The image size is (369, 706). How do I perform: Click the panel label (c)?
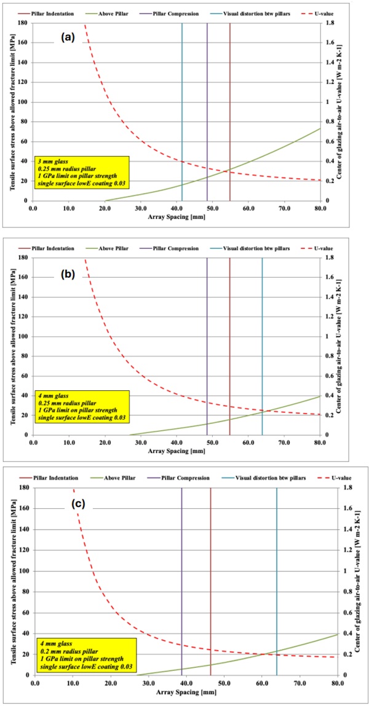(x=77, y=504)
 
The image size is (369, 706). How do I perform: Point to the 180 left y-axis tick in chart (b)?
(x=23, y=258)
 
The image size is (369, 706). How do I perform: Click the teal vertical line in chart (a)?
(x=182, y=111)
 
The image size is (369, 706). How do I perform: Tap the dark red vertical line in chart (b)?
(x=229, y=344)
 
